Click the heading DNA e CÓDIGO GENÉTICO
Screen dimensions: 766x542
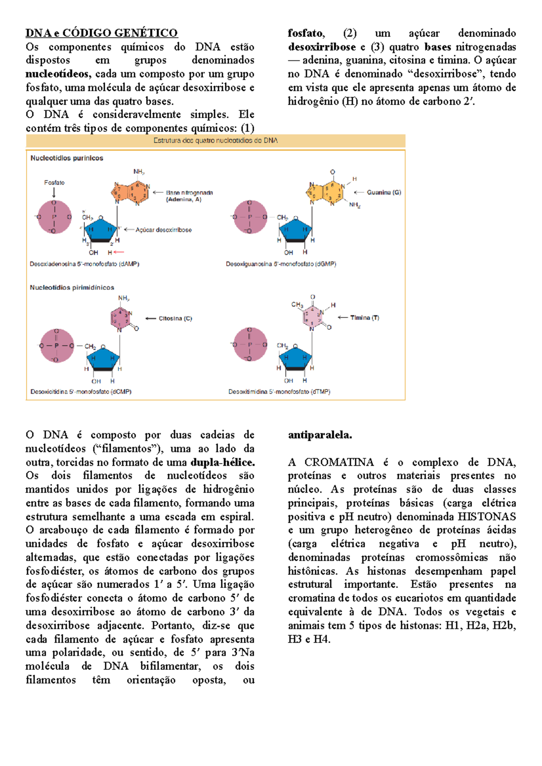[102, 33]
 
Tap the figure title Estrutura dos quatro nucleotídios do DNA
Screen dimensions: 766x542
[215, 141]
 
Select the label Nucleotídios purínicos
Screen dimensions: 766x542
[67, 158]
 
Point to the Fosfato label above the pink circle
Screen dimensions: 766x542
[54, 183]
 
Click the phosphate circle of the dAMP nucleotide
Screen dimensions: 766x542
[54, 217]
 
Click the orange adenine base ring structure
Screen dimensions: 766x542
[130, 191]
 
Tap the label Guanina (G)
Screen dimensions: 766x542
[383, 192]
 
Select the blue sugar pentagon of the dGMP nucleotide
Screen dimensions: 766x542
[295, 230]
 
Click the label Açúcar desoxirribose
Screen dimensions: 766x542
[164, 230]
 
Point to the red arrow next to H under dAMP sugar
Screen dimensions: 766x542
[119, 252]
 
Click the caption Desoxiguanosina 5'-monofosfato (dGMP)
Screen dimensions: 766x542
[281, 264]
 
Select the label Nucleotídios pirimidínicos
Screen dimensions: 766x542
[72, 287]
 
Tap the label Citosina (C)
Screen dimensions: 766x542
[175, 318]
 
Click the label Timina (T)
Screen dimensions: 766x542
[364, 318]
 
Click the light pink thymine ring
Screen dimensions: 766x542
[313, 316]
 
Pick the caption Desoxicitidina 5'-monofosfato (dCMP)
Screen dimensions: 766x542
[81, 392]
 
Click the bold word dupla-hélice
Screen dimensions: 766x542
[223, 462]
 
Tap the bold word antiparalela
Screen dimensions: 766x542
[320, 435]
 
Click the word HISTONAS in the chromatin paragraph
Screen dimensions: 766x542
[486, 517]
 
